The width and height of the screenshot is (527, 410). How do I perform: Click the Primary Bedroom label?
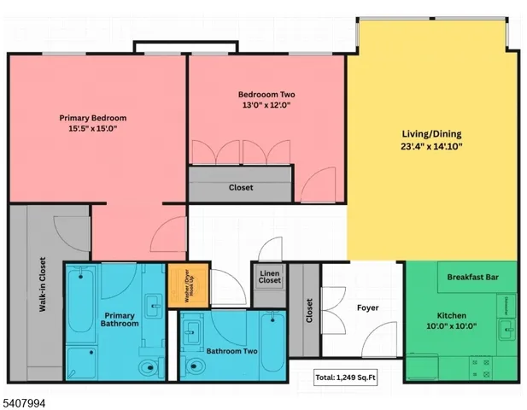click(x=93, y=118)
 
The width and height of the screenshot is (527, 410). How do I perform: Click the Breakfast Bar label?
click(x=473, y=277)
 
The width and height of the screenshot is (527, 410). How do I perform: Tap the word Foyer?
click(x=367, y=307)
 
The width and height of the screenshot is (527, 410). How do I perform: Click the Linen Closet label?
click(x=270, y=276)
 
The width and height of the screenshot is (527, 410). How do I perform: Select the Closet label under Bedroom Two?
click(x=241, y=188)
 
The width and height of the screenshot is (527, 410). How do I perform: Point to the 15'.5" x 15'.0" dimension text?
click(x=93, y=129)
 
